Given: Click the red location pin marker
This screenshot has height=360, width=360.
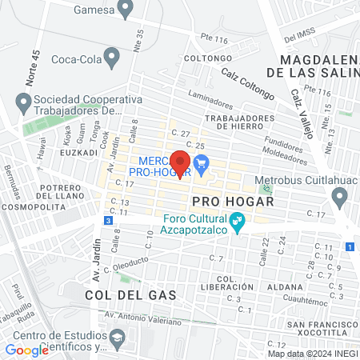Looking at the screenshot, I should click(x=181, y=162).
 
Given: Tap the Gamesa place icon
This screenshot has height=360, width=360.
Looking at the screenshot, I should click(x=124, y=10).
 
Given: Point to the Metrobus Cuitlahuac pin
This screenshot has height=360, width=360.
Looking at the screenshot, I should click(x=340, y=198).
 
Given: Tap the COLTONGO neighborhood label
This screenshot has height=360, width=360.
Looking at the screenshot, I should click(x=202, y=58).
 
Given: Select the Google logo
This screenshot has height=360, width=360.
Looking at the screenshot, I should click(x=27, y=350).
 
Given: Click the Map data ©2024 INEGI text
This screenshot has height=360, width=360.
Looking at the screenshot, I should click(x=312, y=354).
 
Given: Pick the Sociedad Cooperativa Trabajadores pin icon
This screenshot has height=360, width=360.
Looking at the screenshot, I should click(x=22, y=102).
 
